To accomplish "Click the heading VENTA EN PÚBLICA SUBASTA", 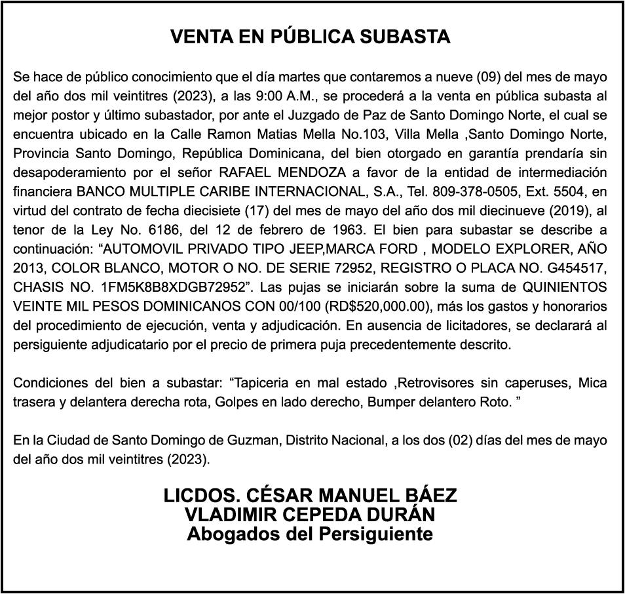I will tap(311, 37).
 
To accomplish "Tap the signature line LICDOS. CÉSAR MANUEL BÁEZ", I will tap(311, 496).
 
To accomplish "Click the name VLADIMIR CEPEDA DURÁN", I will tap(311, 515).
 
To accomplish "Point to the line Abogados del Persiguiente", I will tap(311, 534).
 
